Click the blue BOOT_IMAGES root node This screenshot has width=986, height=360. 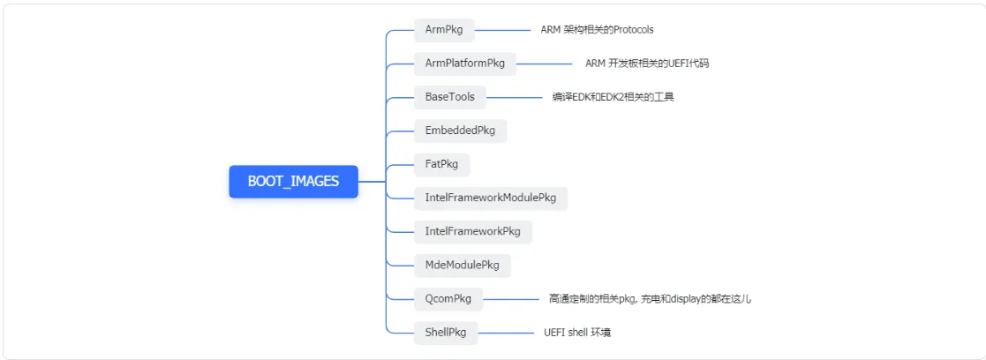pyautogui.click(x=293, y=182)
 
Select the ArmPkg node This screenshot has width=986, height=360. pyautogui.click(x=444, y=29)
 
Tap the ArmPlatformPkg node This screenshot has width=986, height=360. pyautogui.click(x=464, y=63)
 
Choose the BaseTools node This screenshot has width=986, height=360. pyautogui.click(x=449, y=96)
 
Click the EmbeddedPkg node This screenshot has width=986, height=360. pyautogui.click(x=460, y=131)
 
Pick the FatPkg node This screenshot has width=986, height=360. pyautogui.click(x=441, y=164)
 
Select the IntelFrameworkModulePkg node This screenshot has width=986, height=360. pyautogui.click(x=490, y=198)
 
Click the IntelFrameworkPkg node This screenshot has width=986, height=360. pyautogui.click(x=472, y=231)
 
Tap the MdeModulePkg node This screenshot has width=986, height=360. pyautogui.click(x=462, y=265)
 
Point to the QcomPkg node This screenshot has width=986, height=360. pyautogui.click(x=448, y=298)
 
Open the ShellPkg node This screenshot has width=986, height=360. pyautogui.click(x=445, y=333)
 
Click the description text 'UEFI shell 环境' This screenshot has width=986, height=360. pyautogui.click(x=577, y=333)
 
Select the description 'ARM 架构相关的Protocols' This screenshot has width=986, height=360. pyautogui.click(x=597, y=29)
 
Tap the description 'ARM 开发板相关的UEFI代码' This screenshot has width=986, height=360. pyautogui.click(x=646, y=63)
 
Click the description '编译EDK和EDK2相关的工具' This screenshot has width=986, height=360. pyautogui.click(x=613, y=96)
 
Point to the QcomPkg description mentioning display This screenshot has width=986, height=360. pyautogui.click(x=650, y=298)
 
